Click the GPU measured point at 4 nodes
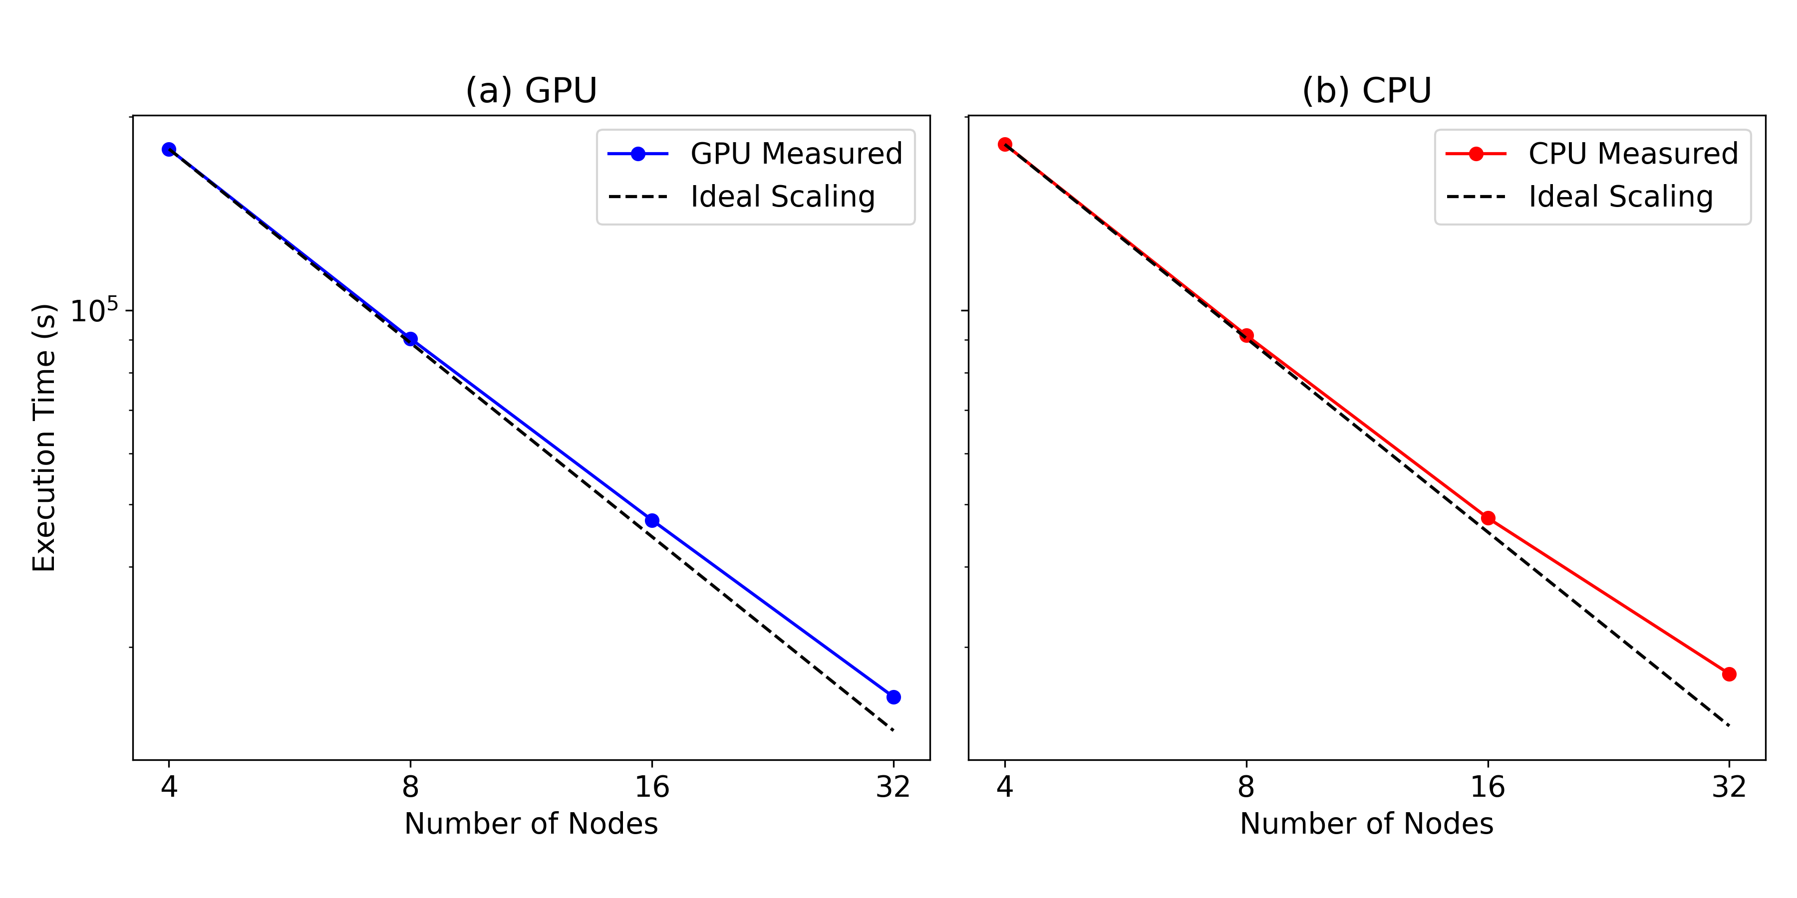pyautogui.click(x=169, y=149)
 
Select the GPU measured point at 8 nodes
pyautogui.click(x=410, y=339)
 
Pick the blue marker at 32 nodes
pyautogui.click(x=894, y=697)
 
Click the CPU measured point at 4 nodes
pyautogui.click(x=1004, y=144)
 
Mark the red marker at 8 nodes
pyautogui.click(x=1246, y=335)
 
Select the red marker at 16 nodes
pyautogui.click(x=1488, y=518)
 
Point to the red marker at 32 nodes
pyautogui.click(x=1729, y=674)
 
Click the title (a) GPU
pyautogui.click(x=531, y=91)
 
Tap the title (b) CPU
pyautogui.click(x=1367, y=91)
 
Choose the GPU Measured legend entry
pyautogui.click(x=795, y=153)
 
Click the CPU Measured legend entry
pyautogui.click(x=1632, y=153)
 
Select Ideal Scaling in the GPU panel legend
pyautogui.click(x=782, y=197)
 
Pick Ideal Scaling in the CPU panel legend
pyautogui.click(x=1620, y=197)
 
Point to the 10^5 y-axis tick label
pyautogui.click(x=94, y=310)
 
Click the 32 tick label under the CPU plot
pyautogui.click(x=1729, y=787)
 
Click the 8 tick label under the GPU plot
pyautogui.click(x=410, y=787)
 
